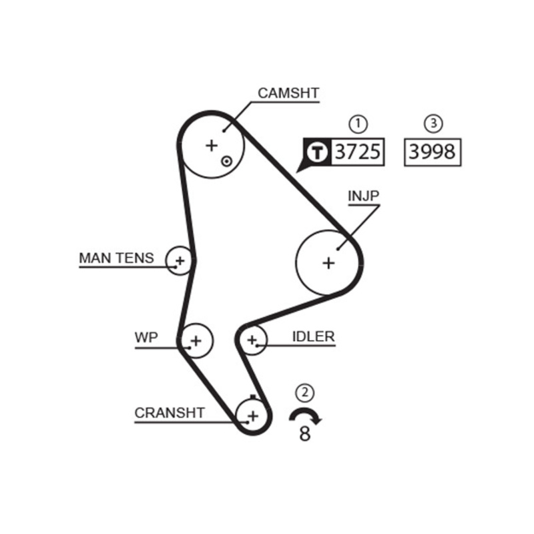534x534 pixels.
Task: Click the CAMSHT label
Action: pyautogui.click(x=288, y=93)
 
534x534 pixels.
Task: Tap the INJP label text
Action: pyautogui.click(x=363, y=196)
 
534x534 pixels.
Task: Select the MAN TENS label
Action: pyautogui.click(x=116, y=258)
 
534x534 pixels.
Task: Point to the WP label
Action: pyautogui.click(x=146, y=337)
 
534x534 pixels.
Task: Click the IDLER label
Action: pyautogui.click(x=313, y=336)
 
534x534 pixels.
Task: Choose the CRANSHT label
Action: pyautogui.click(x=170, y=413)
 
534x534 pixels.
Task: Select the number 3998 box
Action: pyautogui.click(x=433, y=152)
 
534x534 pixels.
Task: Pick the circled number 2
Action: pyautogui.click(x=305, y=392)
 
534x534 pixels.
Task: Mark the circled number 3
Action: pyautogui.click(x=433, y=123)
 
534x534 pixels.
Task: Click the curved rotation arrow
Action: pyautogui.click(x=305, y=415)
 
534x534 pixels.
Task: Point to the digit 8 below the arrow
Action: pyautogui.click(x=305, y=434)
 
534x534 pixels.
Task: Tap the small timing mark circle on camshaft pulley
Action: pyautogui.click(x=227, y=161)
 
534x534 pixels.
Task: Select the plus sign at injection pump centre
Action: pyautogui.click(x=328, y=263)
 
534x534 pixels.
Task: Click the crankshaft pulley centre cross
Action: pyautogui.click(x=252, y=417)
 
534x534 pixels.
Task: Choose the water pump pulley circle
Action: pyautogui.click(x=196, y=341)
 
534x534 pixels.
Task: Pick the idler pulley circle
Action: pyautogui.click(x=252, y=341)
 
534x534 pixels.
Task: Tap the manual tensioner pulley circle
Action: pyautogui.click(x=179, y=259)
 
